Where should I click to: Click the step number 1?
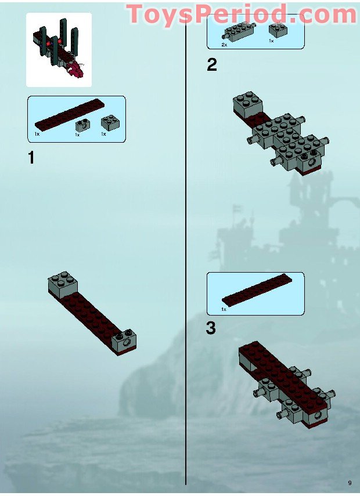tap(31, 157)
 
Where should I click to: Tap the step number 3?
tap(211, 328)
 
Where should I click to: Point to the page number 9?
tap(350, 483)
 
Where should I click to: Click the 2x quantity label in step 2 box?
tap(224, 44)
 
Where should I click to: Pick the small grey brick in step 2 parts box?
tap(276, 31)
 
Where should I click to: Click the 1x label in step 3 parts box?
tap(224, 310)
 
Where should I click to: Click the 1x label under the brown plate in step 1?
tap(37, 134)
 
